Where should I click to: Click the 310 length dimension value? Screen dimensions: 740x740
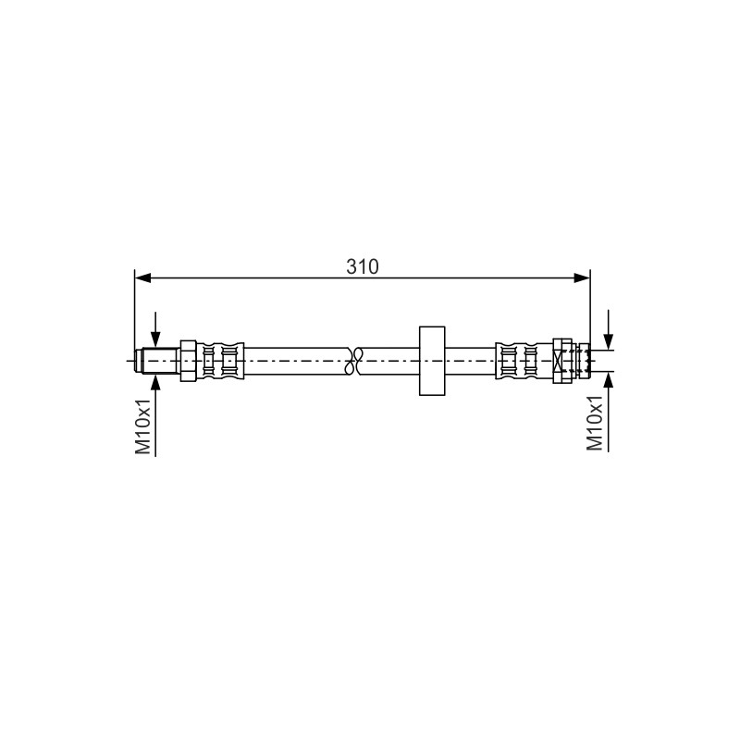(x=363, y=266)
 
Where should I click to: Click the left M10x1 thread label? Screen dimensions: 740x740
(x=143, y=426)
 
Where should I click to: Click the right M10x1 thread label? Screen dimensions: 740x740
(x=595, y=424)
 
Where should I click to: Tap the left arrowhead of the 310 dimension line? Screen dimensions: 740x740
(x=142, y=278)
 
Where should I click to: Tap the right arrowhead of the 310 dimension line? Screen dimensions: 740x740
(x=582, y=278)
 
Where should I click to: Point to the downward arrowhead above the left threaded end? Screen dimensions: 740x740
(x=155, y=339)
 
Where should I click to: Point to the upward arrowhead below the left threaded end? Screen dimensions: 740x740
(x=155, y=382)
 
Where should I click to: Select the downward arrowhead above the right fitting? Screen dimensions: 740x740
(x=609, y=341)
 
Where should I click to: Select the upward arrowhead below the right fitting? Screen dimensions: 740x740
(x=609, y=380)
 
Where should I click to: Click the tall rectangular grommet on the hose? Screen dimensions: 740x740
(x=432, y=361)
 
